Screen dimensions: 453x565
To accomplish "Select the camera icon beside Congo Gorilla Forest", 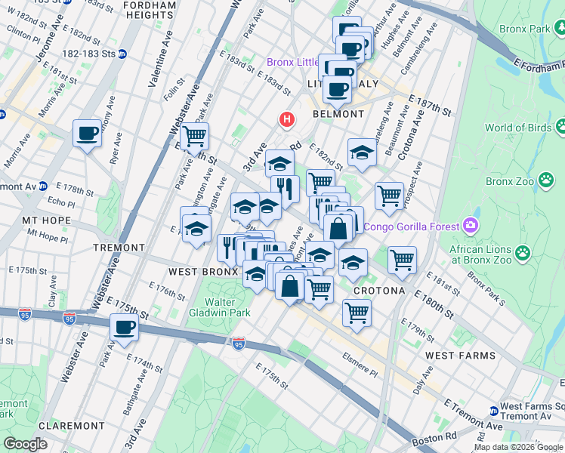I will pyautogui.click(x=472, y=226).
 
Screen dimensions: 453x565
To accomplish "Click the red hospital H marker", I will pyautogui.click(x=287, y=119).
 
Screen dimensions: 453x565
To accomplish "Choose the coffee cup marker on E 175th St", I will pyautogui.click(x=125, y=328).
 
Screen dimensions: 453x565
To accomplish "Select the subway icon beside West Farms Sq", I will pyautogui.click(x=494, y=411).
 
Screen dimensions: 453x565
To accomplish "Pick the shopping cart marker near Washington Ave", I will pyautogui.click(x=195, y=137).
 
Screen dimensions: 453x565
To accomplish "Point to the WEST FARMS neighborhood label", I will pyautogui.click(x=460, y=355).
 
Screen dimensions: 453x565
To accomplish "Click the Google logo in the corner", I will pyautogui.click(x=25, y=444).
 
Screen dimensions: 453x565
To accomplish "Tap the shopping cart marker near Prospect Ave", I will pyautogui.click(x=389, y=196).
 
